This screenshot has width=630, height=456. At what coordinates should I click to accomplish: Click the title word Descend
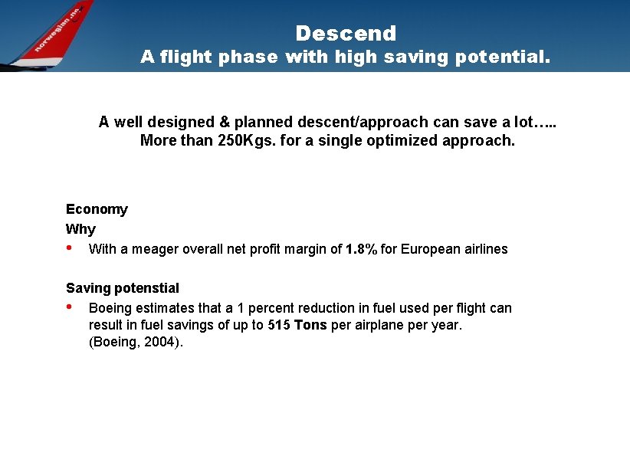[x=346, y=34]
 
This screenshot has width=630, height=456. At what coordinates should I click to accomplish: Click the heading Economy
[x=97, y=209]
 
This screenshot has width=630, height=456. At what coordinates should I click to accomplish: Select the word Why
[x=80, y=229]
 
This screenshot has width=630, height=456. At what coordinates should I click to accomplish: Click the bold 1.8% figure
[x=361, y=249]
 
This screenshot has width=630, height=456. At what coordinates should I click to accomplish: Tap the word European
[x=428, y=249]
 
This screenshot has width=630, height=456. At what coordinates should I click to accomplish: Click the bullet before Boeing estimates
[x=70, y=307]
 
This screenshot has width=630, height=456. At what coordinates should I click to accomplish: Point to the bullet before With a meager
[x=70, y=248]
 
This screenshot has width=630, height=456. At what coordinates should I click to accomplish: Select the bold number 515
[x=277, y=325]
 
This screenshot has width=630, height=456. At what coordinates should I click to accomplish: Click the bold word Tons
[x=310, y=325]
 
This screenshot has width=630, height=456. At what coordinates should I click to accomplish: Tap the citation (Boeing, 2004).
[x=136, y=343]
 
